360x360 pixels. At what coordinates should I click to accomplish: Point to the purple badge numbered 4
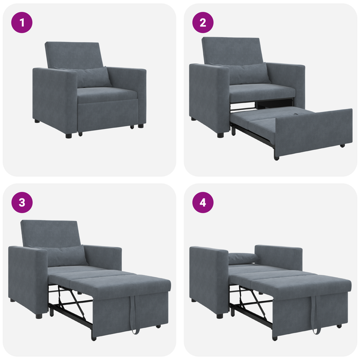[203, 202]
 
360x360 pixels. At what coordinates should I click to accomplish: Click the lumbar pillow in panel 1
[93, 77]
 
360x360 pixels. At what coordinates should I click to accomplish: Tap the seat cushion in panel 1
[107, 94]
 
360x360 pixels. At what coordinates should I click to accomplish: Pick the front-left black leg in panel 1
[68, 135]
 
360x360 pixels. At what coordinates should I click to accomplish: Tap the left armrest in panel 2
[209, 98]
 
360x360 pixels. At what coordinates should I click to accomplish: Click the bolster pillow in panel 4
[241, 258]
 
